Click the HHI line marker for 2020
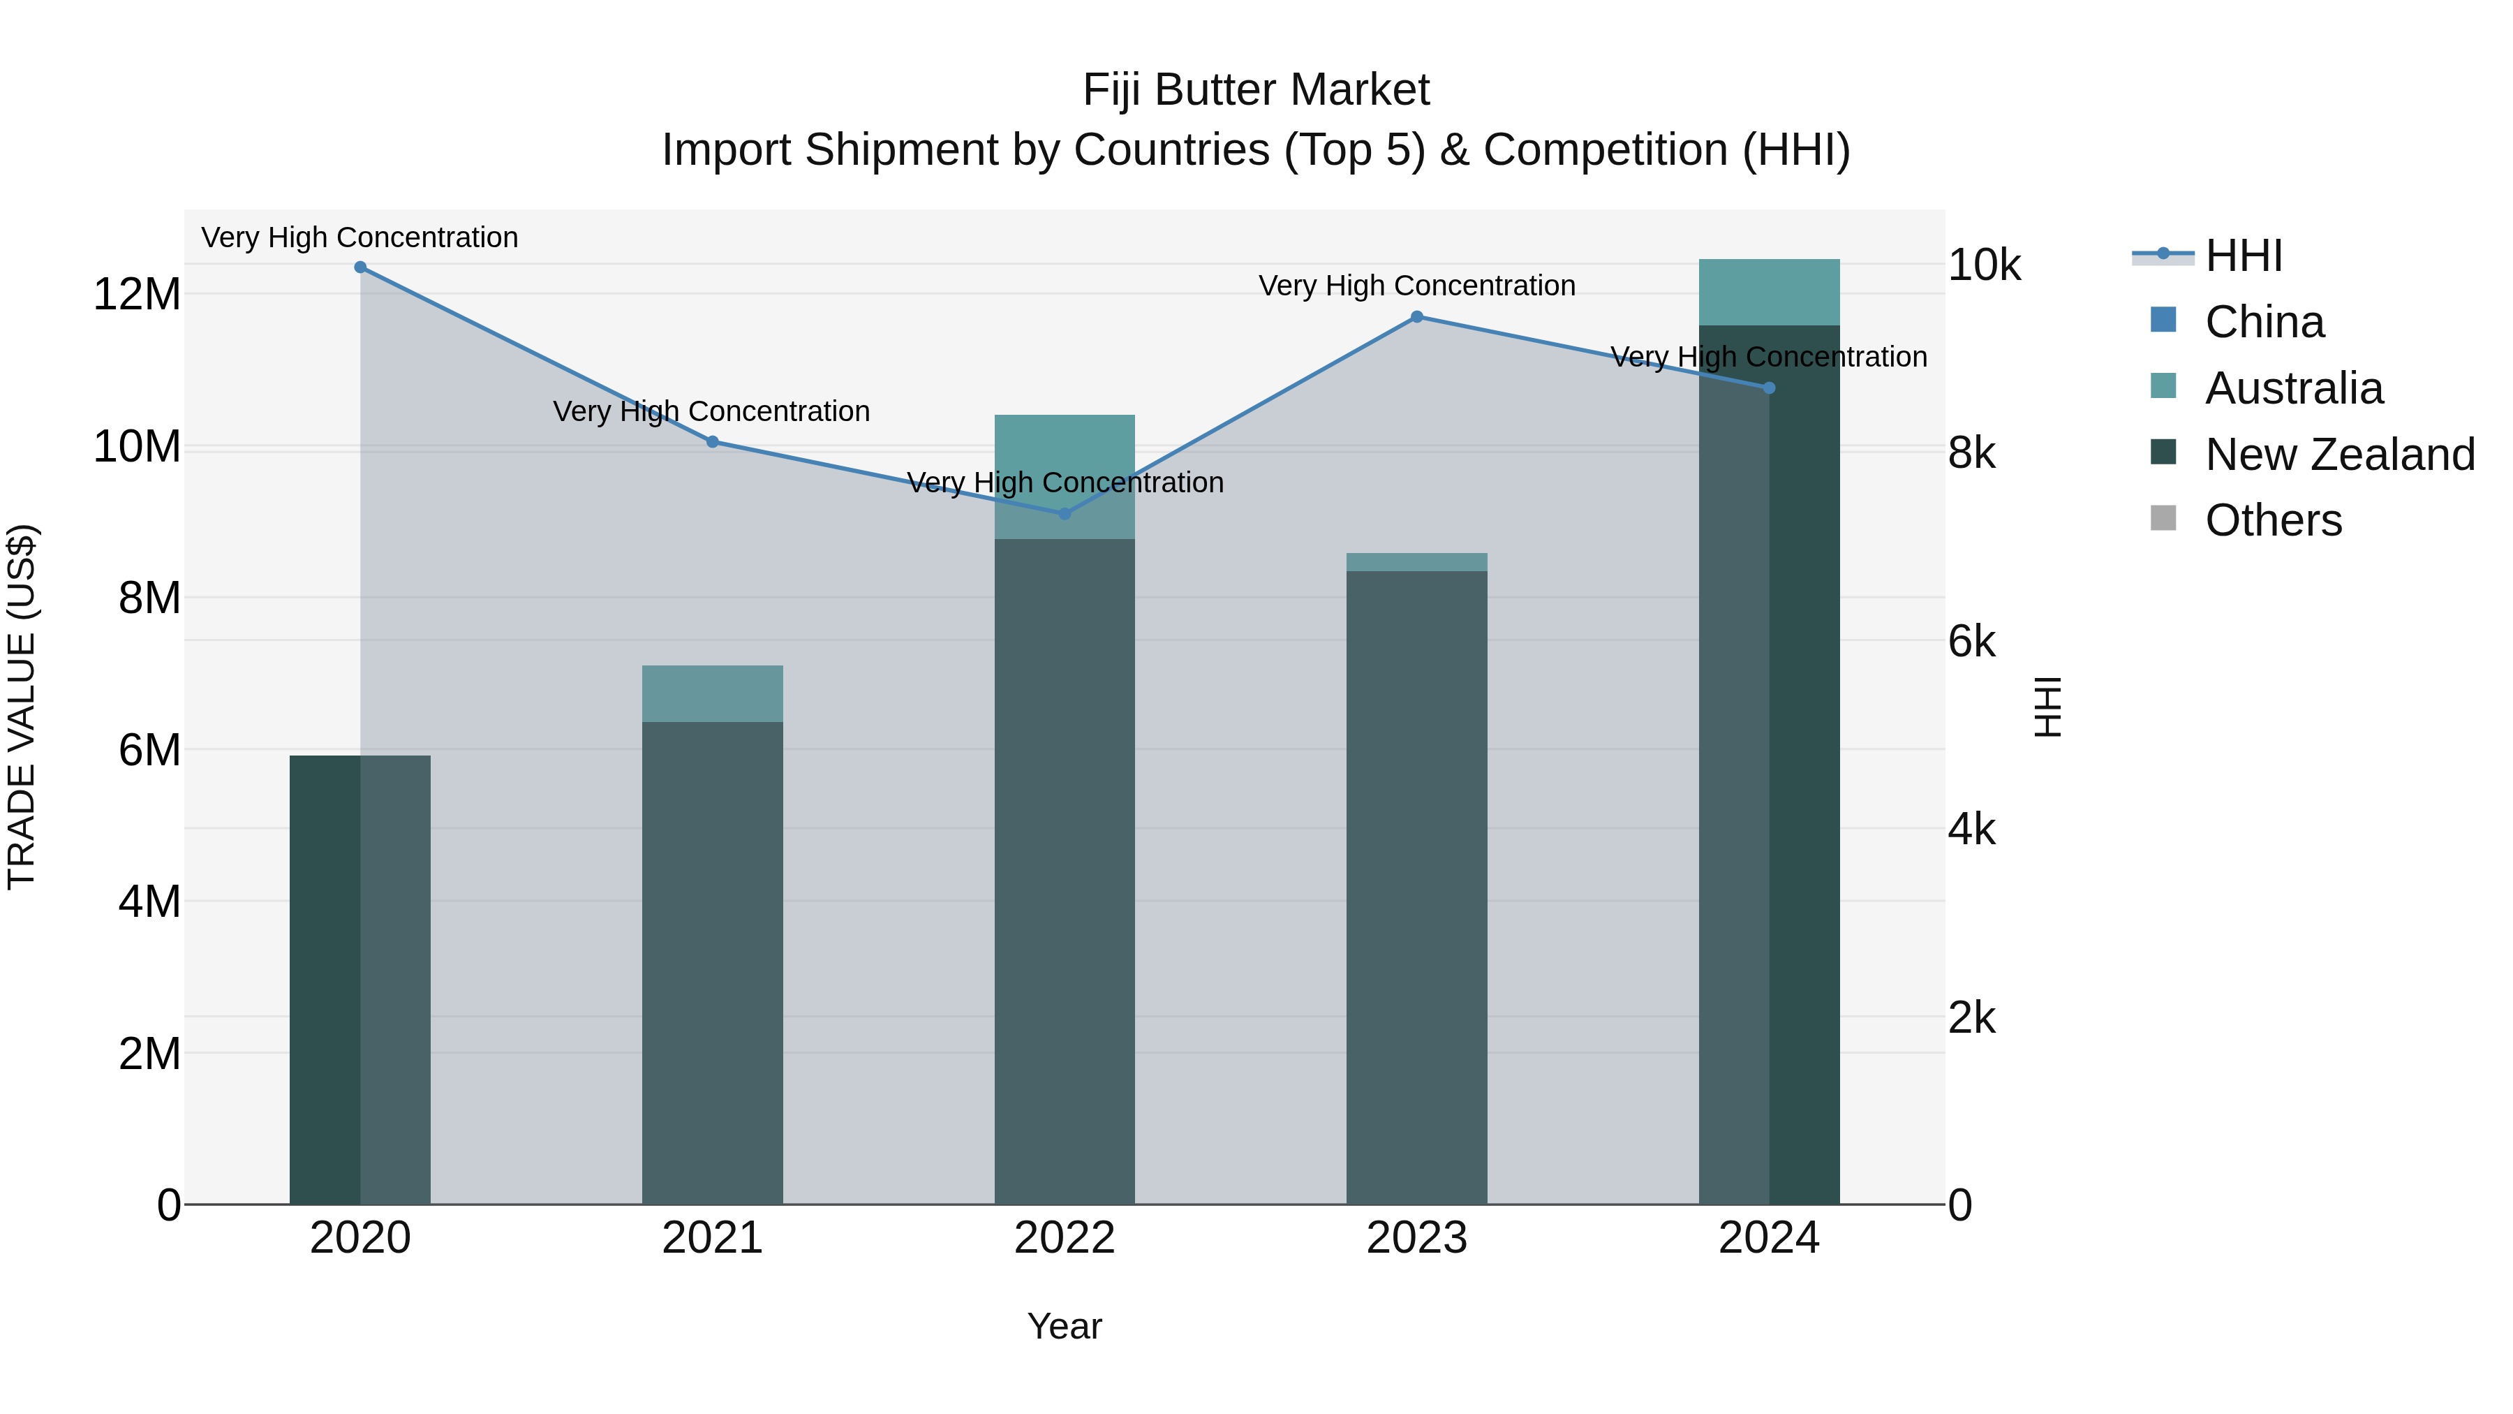pos(360,267)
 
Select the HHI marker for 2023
pos(1416,317)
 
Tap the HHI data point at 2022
pos(1065,514)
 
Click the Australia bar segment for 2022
pos(1065,476)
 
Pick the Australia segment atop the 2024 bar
pos(1769,292)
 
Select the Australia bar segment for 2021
pos(712,694)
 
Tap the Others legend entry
pos(2272,521)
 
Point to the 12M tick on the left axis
pos(137,295)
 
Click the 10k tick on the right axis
pos(1985,265)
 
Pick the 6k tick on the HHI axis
pos(1971,642)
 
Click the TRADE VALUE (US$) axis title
pos(22,707)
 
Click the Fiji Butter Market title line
pos(1256,91)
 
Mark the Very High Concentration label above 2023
pos(1416,286)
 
